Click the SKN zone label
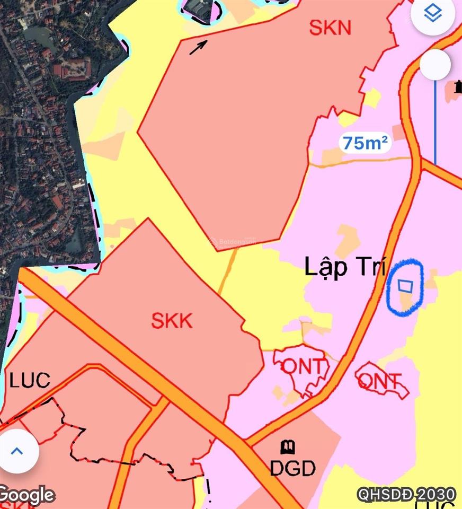[x=330, y=27]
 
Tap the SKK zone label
[x=172, y=321]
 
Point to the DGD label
[x=292, y=468]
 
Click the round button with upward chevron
[x=17, y=451]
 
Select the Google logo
[x=26, y=495]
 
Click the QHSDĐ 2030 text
[x=406, y=494]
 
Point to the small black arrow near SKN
[x=198, y=47]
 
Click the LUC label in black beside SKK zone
[x=29, y=380]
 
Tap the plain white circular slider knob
[x=436, y=65]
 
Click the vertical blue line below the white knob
[x=435, y=122]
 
